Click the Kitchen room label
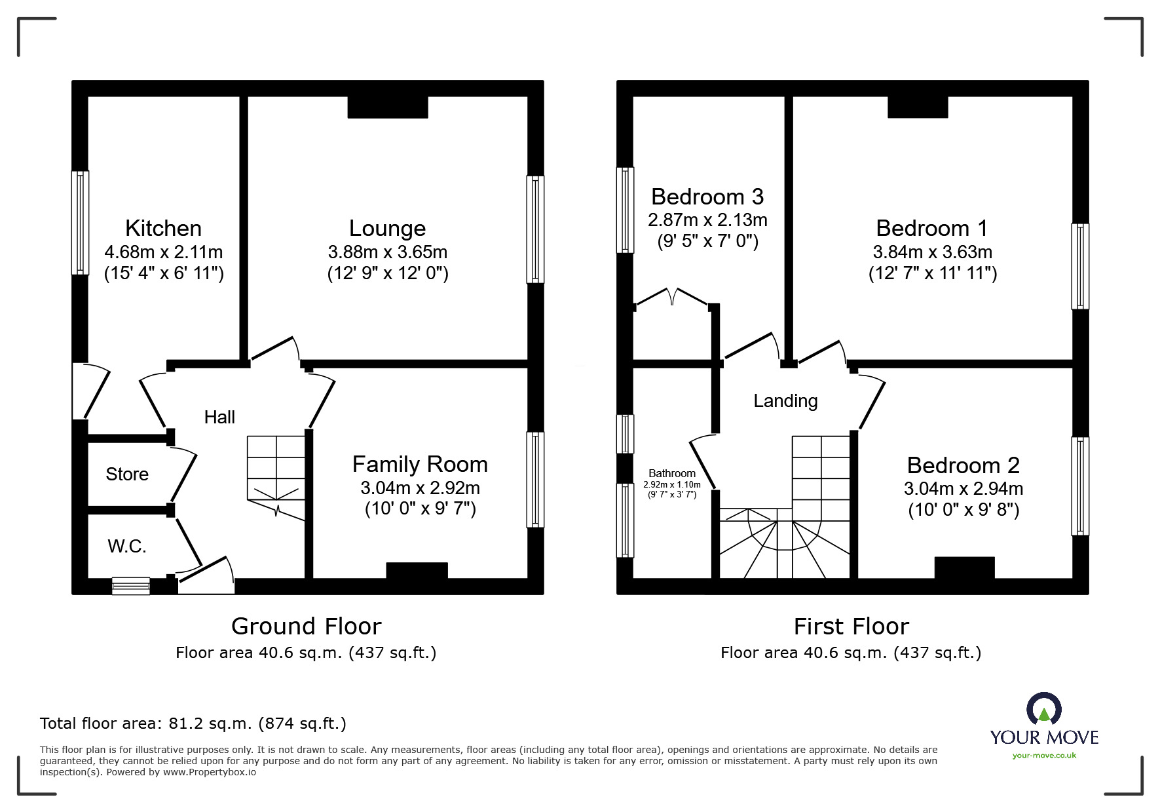[x=163, y=228]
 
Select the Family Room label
[x=420, y=464]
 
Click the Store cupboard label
[x=127, y=474]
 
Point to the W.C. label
[x=127, y=546]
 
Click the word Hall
[x=219, y=417]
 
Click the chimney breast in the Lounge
[x=387, y=107]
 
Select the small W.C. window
[x=131, y=585]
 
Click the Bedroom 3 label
[x=707, y=197]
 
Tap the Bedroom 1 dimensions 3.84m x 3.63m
[x=932, y=252]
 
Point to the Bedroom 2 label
[x=963, y=465]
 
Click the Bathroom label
[x=672, y=473]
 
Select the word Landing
[x=785, y=400]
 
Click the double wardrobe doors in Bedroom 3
[x=672, y=296]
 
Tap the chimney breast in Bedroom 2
[x=964, y=568]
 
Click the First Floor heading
[x=851, y=627]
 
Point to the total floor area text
[x=193, y=724]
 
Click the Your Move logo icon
[x=1043, y=709]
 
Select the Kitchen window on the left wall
[x=80, y=223]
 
